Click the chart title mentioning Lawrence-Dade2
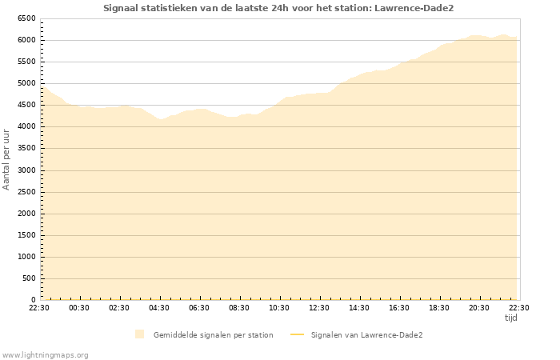(284, 8)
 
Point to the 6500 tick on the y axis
(26, 18)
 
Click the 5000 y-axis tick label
(26, 83)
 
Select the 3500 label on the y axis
(26, 148)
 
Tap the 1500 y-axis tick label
(26, 235)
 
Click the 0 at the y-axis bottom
(34, 300)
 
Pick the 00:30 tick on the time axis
(79, 307)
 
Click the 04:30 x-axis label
(159, 307)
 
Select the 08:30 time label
(239, 307)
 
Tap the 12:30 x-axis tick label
(319, 307)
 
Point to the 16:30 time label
(399, 307)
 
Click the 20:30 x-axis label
(479, 307)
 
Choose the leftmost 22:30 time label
(39, 307)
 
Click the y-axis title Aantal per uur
(7, 158)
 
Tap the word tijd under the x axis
(510, 318)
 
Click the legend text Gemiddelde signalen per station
(213, 335)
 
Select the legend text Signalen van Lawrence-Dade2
(366, 335)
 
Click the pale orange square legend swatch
(140, 334)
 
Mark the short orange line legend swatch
(297, 335)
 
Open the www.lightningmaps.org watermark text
(46, 354)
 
